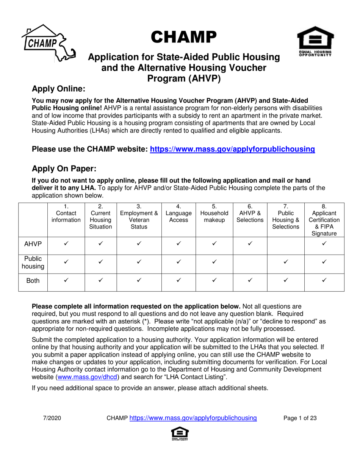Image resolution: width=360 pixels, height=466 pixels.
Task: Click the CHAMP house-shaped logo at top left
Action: click(x=47, y=42)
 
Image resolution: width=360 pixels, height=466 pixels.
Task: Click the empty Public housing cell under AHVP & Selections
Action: click(x=250, y=262)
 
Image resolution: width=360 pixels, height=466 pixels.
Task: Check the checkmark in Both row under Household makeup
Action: click(x=214, y=280)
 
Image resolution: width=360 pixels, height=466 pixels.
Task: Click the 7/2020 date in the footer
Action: click(x=50, y=418)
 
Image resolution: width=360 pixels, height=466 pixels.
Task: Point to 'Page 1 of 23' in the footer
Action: click(x=300, y=418)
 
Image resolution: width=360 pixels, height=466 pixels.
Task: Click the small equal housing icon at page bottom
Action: click(x=180, y=434)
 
